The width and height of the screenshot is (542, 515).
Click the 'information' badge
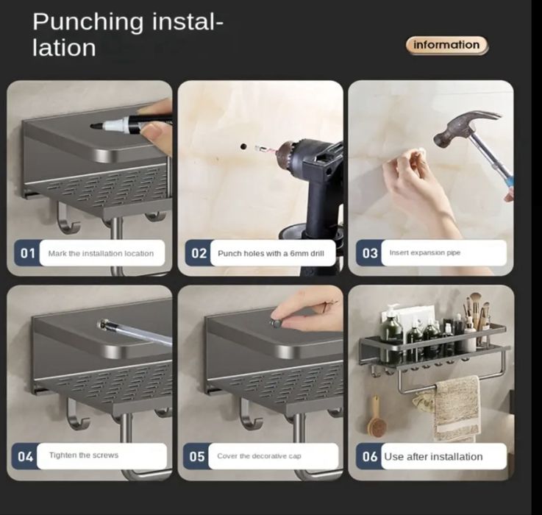coord(446,46)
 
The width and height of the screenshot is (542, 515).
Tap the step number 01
coord(28,254)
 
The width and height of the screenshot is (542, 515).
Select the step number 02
coord(199,254)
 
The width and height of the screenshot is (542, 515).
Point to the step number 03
coord(370,254)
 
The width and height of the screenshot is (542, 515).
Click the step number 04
coord(25,457)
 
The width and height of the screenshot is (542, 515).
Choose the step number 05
coord(197,457)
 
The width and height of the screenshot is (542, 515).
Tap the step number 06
coord(370,457)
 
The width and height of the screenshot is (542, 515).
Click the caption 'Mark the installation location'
coord(101,254)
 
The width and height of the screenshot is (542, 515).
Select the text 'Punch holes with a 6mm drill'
coord(271,254)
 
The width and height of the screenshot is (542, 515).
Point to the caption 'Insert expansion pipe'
coord(425,253)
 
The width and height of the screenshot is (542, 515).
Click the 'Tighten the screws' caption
coord(84,455)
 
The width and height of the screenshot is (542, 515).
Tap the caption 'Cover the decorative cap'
coord(259,456)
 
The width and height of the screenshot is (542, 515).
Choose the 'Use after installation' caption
coord(433,457)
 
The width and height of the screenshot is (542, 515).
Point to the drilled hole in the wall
coord(243,146)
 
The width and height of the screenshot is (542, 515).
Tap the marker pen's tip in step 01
coord(93,127)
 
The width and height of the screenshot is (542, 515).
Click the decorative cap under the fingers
coord(277,324)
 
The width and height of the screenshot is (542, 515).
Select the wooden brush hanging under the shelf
coord(376,419)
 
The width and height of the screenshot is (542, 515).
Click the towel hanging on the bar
coord(456,410)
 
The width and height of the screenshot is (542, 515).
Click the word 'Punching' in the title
coord(88,22)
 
